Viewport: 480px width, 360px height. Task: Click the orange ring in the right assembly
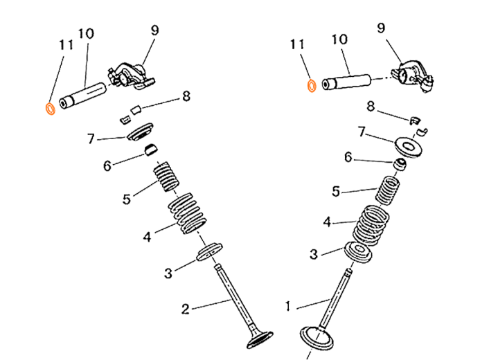click(x=309, y=86)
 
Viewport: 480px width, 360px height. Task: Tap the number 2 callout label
click(x=185, y=309)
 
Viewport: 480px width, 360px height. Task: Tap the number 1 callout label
click(x=287, y=306)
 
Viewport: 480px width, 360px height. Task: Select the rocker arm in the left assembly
click(x=131, y=76)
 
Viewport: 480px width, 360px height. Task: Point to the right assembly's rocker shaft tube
click(x=346, y=82)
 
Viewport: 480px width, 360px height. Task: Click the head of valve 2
click(x=260, y=340)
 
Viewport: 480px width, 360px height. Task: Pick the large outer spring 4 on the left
click(x=187, y=213)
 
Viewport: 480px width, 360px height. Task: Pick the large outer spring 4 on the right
click(x=371, y=226)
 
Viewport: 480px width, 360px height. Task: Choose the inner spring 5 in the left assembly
click(x=166, y=176)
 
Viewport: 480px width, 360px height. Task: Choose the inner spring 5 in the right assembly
click(x=387, y=190)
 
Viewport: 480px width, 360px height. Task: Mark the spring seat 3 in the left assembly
click(x=209, y=251)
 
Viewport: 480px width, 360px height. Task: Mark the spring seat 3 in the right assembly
click(x=358, y=252)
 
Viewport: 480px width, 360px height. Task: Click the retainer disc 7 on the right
click(x=408, y=147)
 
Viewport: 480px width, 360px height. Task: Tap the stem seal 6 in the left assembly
click(x=152, y=150)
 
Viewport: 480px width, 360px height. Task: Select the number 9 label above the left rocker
click(x=155, y=30)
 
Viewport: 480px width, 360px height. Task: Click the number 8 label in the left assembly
click(x=186, y=96)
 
